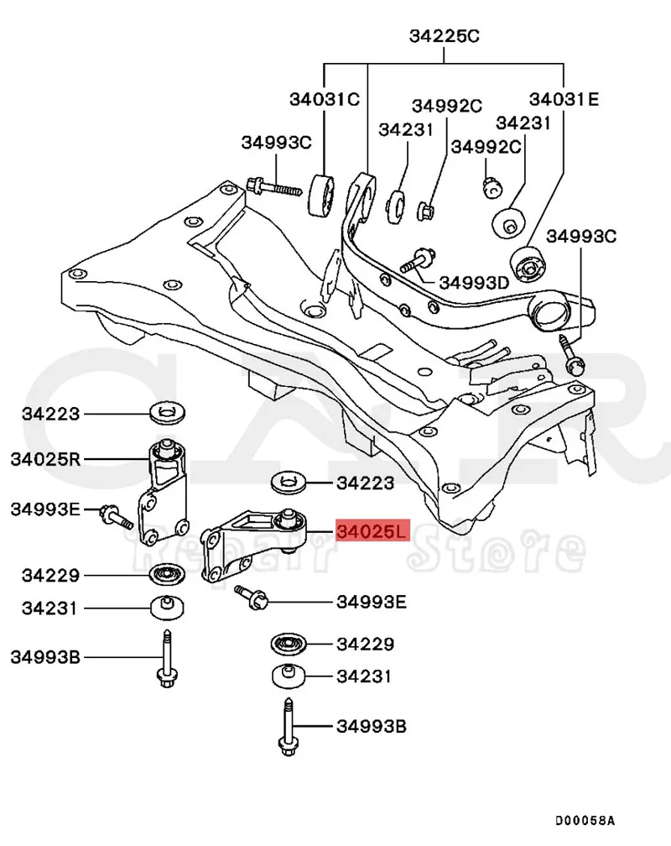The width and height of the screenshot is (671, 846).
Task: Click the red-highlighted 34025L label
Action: tap(372, 531)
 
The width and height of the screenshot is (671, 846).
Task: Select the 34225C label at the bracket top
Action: tap(445, 36)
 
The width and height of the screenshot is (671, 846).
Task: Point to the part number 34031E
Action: tap(563, 99)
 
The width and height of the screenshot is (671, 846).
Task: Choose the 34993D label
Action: tap(475, 282)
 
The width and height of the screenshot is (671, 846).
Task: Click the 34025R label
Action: tap(45, 459)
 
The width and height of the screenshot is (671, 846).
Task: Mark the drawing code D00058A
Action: tap(584, 820)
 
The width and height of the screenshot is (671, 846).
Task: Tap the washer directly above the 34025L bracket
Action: tap(289, 483)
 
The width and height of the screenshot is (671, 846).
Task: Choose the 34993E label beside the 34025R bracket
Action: tap(45, 508)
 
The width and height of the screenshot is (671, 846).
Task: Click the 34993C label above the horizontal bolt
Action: tap(276, 142)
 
